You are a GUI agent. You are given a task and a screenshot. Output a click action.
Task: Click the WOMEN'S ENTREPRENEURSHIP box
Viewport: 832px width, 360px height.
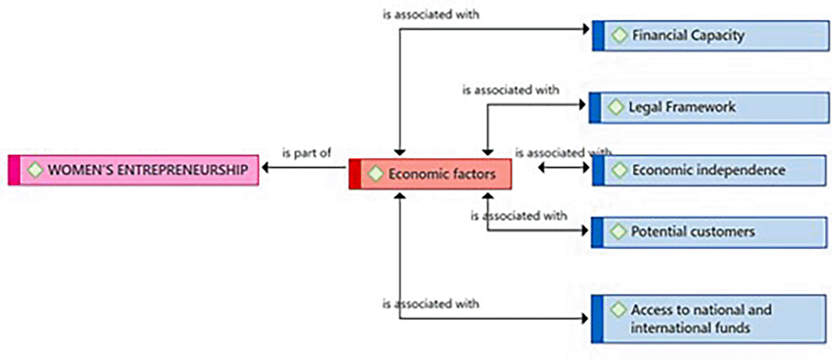[x=134, y=170]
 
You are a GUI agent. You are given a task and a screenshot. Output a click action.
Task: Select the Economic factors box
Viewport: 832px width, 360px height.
[x=431, y=174]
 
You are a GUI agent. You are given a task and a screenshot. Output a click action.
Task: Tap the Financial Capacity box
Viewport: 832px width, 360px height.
[x=710, y=36]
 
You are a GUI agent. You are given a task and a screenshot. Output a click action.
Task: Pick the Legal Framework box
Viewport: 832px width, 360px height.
[x=709, y=107]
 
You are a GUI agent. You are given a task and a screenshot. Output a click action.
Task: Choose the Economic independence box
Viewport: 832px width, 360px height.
[x=709, y=170]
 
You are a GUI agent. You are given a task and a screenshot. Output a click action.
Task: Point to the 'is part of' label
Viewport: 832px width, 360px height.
[x=306, y=153]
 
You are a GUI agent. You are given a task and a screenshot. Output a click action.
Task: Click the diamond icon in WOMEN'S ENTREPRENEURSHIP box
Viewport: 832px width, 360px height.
[x=35, y=170]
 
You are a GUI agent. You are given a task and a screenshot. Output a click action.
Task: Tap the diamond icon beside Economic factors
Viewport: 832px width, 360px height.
[x=376, y=174]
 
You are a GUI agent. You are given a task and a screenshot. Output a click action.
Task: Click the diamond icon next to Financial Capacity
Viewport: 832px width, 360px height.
[x=619, y=35]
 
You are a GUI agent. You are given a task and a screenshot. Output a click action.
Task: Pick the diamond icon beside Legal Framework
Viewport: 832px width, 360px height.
[x=616, y=107]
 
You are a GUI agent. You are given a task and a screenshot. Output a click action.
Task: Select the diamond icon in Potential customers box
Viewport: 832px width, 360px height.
[x=618, y=232]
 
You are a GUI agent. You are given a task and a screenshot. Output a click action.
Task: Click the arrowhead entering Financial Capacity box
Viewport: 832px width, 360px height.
[x=586, y=29]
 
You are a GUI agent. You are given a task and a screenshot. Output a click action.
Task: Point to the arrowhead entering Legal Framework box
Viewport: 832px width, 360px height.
[x=583, y=105]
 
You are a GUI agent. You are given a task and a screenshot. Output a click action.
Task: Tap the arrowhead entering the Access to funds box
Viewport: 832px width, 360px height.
[x=585, y=318]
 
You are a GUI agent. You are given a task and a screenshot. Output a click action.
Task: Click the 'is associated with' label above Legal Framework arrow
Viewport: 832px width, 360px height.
[x=511, y=90]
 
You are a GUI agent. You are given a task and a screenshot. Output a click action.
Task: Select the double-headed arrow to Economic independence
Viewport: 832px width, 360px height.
[x=563, y=168]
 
